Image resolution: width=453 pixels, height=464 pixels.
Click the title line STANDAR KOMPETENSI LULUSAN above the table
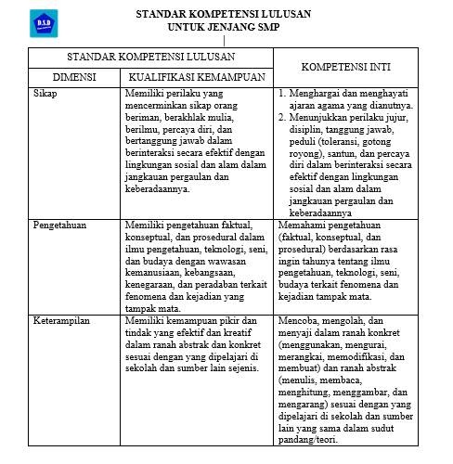click(224, 15)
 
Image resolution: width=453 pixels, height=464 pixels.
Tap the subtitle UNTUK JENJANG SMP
click(224, 28)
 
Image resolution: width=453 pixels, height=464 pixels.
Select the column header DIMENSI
click(73, 78)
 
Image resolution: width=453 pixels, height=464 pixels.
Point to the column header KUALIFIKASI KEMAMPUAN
click(197, 78)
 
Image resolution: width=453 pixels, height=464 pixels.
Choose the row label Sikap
click(45, 95)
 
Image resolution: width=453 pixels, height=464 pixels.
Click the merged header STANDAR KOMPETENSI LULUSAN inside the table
click(154, 57)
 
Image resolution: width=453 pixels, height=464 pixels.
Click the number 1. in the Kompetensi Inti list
click(283, 95)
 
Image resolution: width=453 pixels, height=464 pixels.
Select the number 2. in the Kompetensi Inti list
click(283, 118)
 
